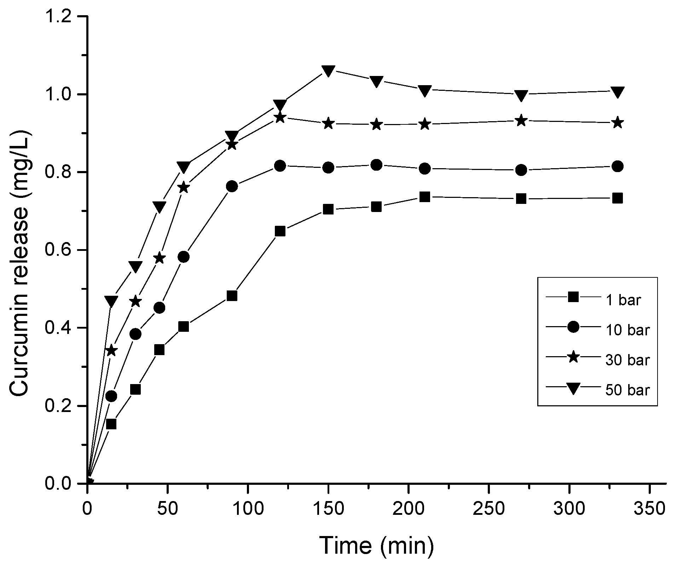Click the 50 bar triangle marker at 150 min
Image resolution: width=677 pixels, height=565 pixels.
329,71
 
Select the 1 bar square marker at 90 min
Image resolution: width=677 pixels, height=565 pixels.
232,296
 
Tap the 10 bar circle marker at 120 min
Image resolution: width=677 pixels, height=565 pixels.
280,166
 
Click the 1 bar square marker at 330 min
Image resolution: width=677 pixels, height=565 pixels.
618,198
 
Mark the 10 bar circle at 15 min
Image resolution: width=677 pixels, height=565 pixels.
111,396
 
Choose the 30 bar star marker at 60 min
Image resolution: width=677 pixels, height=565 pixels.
184,188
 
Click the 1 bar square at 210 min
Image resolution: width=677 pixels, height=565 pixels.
425,197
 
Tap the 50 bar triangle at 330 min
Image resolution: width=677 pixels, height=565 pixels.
618,92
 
